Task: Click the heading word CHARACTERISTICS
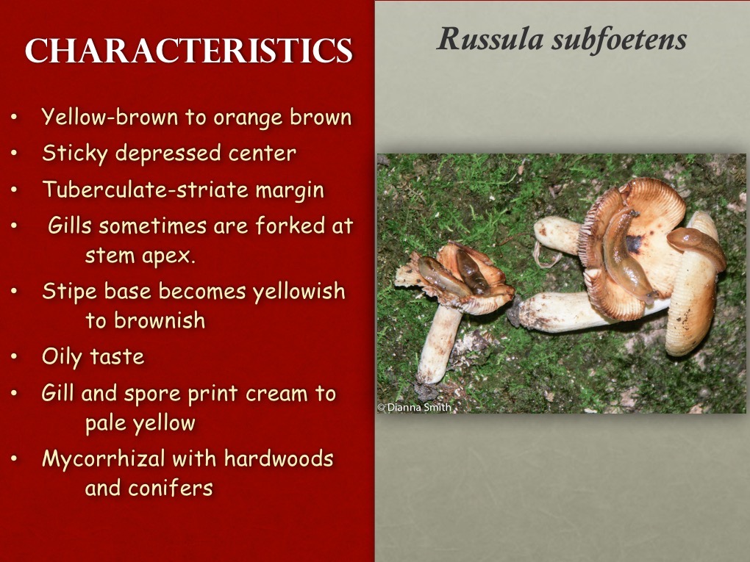188,51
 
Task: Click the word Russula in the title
489,38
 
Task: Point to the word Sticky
74,154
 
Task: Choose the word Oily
62,357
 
